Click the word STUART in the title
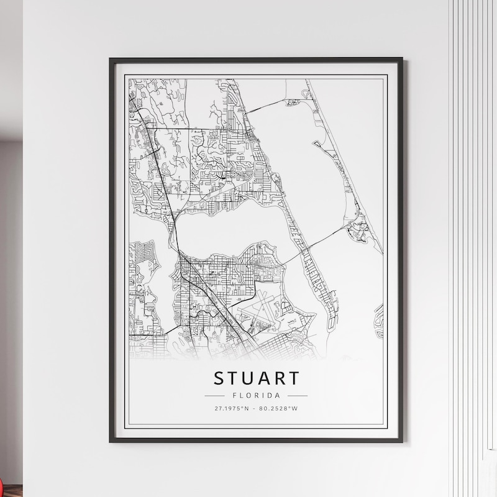[x=256, y=378]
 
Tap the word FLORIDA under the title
[x=256, y=395]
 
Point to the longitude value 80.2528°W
[x=279, y=409]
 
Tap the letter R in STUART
[x=278, y=378]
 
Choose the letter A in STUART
[x=264, y=378]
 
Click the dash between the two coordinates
[x=256, y=409]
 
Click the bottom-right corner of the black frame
[x=401, y=441]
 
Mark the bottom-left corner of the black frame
[x=111, y=441]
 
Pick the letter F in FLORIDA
[x=233, y=395]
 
